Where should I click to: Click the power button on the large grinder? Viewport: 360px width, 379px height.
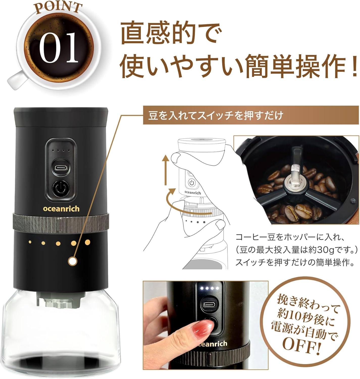pos(61,188)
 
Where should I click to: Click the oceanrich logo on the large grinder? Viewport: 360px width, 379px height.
pos(61,209)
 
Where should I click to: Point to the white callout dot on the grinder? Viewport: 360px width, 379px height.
pos(73,261)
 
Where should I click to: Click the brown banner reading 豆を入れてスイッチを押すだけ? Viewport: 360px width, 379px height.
pos(251,116)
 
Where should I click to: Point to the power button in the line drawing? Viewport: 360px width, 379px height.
pos(192,183)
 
